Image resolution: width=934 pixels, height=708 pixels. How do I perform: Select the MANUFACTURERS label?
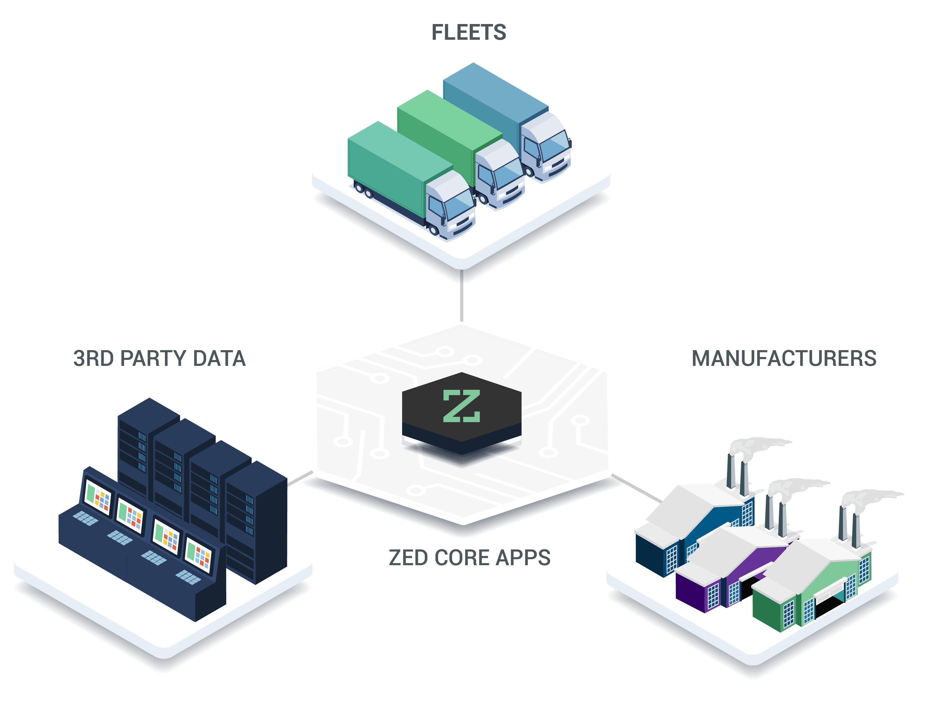[x=784, y=359]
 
